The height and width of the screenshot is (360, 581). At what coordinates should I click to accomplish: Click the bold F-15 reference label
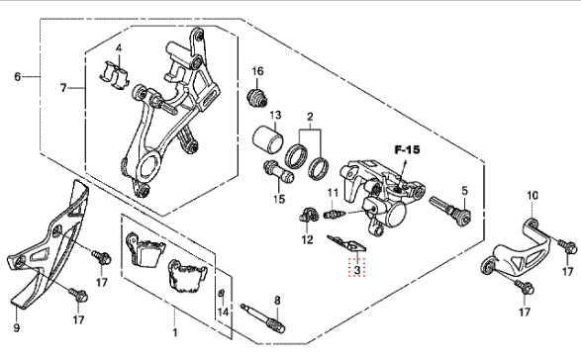tap(407, 150)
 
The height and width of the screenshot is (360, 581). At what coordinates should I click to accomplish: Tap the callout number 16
tap(257, 71)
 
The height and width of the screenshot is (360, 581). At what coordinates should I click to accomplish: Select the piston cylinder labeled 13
tap(268, 138)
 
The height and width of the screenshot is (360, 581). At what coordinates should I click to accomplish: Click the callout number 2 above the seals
tap(310, 117)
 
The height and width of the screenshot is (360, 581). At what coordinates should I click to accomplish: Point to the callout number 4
tap(119, 48)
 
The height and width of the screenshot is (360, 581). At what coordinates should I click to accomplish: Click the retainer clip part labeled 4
tap(115, 74)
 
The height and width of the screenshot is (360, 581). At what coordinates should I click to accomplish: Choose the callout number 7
tap(63, 88)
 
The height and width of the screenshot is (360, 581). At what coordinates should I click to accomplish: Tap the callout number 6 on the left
tap(18, 77)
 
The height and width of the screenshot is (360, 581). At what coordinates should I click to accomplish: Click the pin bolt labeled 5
tap(450, 212)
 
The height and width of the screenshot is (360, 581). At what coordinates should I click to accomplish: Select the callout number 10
tap(533, 195)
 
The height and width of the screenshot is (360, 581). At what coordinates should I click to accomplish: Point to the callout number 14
tap(223, 313)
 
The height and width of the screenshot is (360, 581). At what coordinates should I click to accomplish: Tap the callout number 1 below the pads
tap(175, 332)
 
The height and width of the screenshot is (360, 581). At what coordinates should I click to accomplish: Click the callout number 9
tap(16, 327)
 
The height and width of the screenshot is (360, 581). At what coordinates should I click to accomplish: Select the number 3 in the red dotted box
tap(357, 270)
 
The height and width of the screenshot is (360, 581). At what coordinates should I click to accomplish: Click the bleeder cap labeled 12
tap(309, 216)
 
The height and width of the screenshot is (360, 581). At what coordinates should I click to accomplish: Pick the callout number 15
tap(279, 199)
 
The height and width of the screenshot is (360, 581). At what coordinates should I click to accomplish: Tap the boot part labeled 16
tap(256, 97)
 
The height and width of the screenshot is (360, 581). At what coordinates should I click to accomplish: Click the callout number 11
tap(333, 193)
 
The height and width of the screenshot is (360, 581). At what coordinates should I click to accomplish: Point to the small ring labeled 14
tap(221, 294)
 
